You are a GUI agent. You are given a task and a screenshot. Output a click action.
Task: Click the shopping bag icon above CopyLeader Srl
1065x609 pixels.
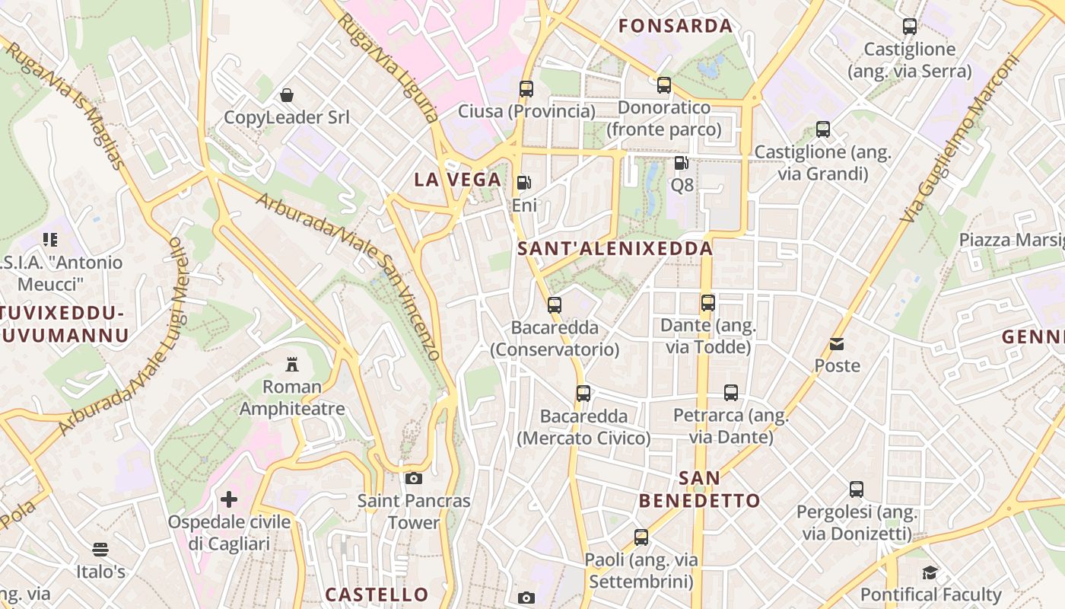coord(287,95)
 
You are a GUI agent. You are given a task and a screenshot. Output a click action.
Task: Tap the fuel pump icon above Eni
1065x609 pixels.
coord(523,183)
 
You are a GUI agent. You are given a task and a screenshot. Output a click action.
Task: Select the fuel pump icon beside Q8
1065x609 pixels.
coord(681,162)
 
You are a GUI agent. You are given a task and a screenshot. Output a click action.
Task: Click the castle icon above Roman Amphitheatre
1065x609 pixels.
coord(291,364)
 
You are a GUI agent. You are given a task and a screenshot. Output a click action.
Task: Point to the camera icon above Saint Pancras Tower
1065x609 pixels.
coord(414,478)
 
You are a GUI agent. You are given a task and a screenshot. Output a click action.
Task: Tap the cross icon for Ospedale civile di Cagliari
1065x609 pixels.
coord(229,499)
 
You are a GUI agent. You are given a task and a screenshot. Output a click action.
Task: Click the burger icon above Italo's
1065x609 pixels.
coord(100,549)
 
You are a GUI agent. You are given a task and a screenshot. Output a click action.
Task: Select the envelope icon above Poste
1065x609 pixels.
coord(837,343)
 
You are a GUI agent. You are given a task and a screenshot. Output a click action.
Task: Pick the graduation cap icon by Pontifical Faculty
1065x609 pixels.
coord(930,572)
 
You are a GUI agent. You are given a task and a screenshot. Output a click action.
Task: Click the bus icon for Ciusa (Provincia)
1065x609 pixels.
coord(526,88)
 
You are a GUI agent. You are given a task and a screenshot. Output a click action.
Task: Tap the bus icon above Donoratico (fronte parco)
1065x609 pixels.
coord(664,84)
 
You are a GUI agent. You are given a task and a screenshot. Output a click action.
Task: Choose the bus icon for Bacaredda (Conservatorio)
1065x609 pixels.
coord(555,305)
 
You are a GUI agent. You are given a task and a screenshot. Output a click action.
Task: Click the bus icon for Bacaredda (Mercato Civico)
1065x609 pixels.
coord(583,394)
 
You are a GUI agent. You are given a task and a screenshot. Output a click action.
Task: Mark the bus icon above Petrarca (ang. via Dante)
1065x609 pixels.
coord(731,393)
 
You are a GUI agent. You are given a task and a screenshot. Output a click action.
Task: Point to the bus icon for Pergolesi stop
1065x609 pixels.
coord(857,489)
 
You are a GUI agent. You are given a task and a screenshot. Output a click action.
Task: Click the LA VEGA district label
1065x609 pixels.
coord(458,180)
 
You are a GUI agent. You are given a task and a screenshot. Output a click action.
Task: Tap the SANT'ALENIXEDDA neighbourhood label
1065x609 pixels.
coord(615,248)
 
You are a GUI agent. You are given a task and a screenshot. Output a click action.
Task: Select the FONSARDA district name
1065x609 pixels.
coord(676,26)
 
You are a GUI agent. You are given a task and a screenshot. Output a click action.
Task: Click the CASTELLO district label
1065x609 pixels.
coord(377,594)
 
